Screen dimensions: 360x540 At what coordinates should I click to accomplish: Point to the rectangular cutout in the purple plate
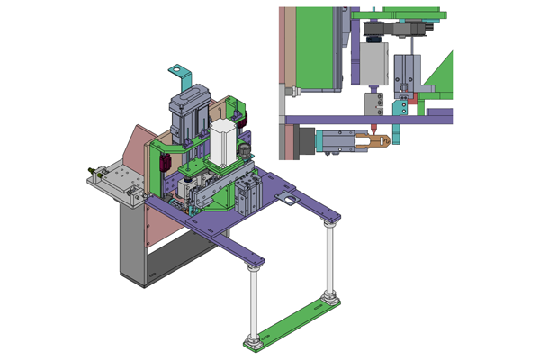(290, 198)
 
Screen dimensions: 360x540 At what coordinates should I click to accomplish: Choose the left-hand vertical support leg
(256, 301)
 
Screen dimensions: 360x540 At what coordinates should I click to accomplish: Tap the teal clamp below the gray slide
(399, 107)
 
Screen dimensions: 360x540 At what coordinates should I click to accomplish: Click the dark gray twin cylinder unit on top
(189, 112)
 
